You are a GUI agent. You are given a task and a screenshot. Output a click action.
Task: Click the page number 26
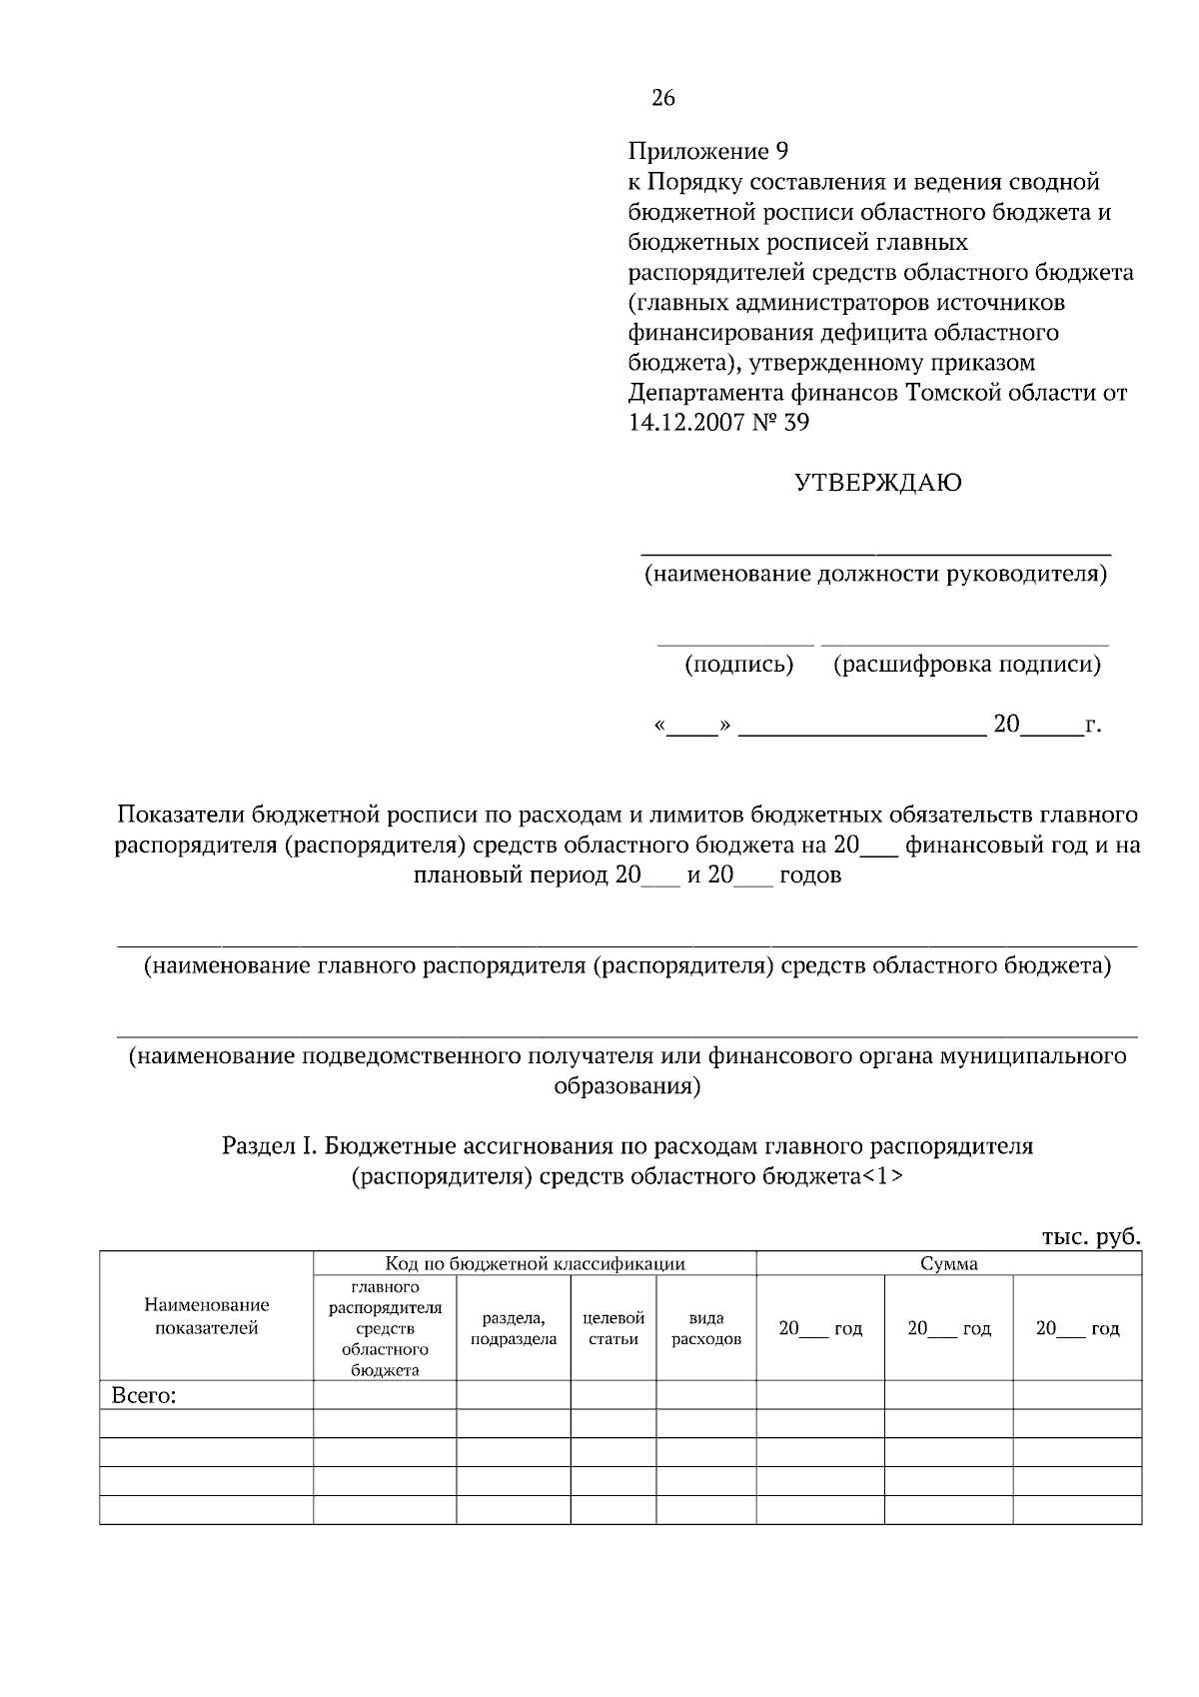pos(663,98)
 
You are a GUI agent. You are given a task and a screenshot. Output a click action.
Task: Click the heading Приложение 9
pos(708,152)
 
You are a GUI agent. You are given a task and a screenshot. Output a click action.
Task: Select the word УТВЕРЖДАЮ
pos(877,484)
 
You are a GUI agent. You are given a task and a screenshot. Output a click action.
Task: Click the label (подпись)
pos(738,665)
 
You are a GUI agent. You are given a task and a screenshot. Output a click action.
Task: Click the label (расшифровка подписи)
pos(967,665)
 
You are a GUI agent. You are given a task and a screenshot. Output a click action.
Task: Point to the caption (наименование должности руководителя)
pos(875,575)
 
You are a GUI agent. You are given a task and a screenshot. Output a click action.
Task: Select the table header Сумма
pos(948,1264)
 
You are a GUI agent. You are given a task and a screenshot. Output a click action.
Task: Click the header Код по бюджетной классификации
pos(535,1264)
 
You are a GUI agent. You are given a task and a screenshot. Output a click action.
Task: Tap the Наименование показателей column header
pos(207,1316)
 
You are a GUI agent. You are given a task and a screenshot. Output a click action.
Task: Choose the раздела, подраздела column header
pos(513,1329)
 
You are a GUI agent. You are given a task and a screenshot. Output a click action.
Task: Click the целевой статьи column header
pos(612,1329)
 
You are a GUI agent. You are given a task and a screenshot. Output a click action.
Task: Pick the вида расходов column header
pos(705,1329)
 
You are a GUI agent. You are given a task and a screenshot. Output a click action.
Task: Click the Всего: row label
pos(144,1396)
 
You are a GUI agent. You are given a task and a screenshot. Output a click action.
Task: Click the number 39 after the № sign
pos(796,423)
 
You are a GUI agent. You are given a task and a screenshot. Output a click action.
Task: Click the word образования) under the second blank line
pos(626,1086)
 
